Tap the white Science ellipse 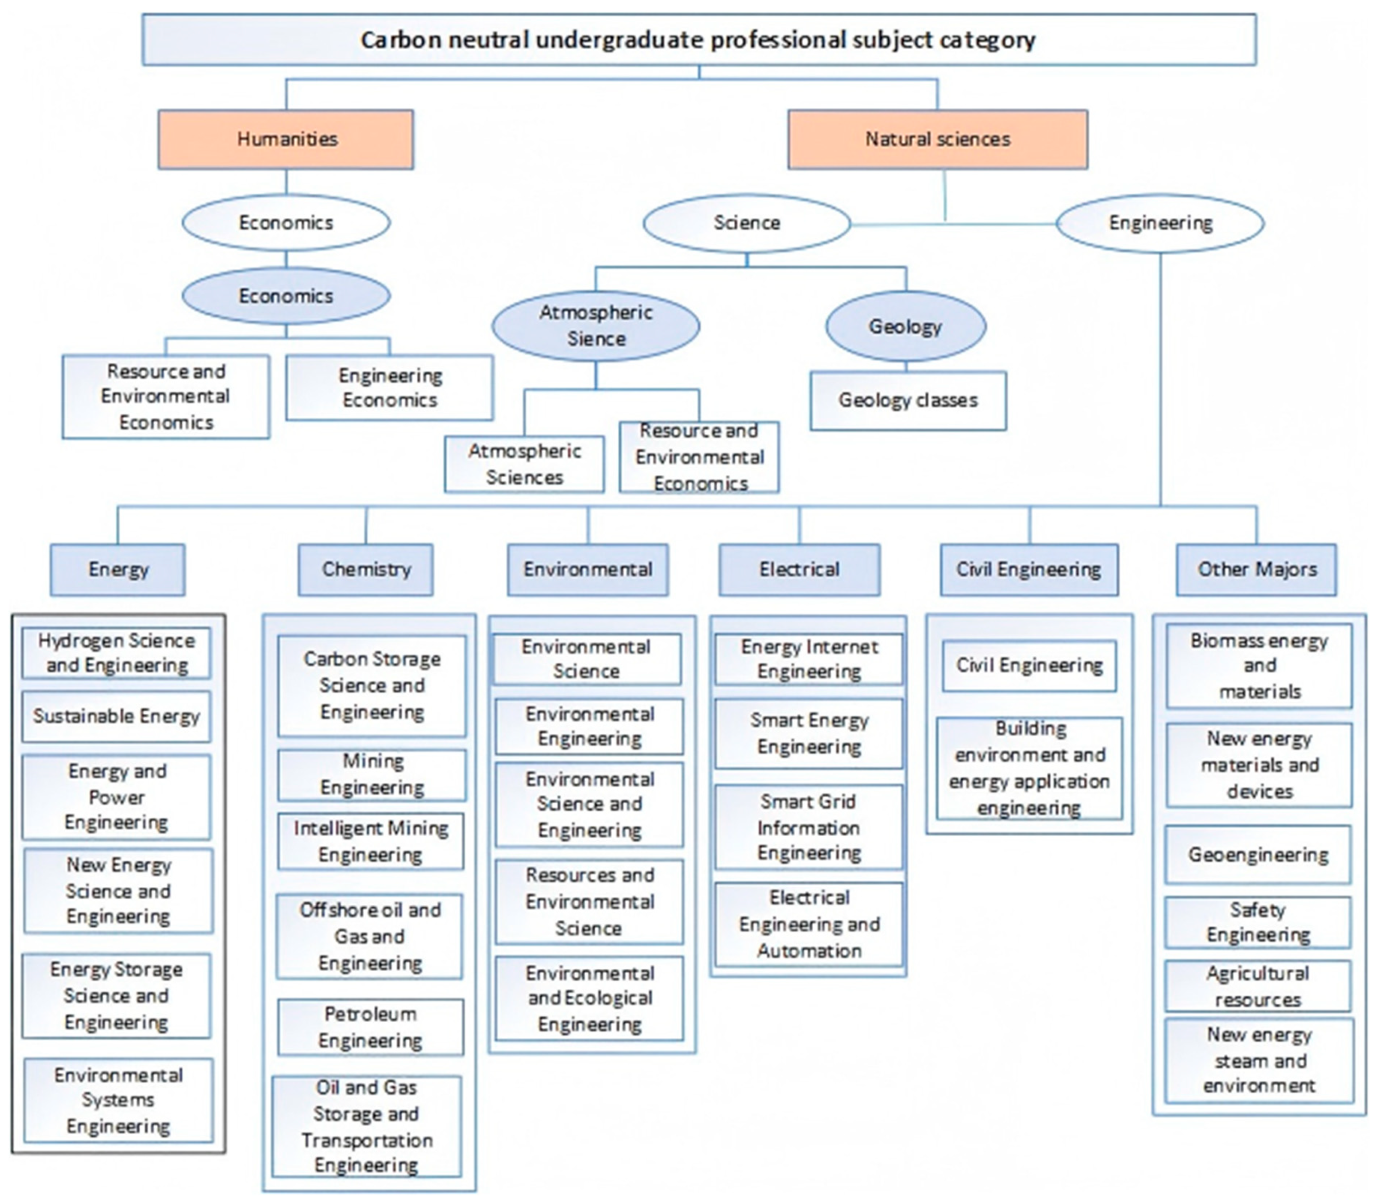point(746,223)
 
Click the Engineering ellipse point(1160,223)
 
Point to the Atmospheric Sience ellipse point(596,326)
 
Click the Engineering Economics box point(389,387)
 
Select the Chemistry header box point(365,570)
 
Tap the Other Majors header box point(1256,570)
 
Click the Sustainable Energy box point(116,716)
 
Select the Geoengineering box point(1258,855)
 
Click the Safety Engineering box point(1258,922)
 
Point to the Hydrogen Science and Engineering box point(116,653)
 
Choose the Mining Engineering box point(372,775)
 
